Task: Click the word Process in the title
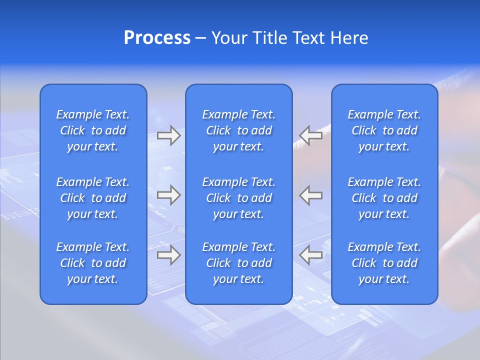pyautogui.click(x=157, y=38)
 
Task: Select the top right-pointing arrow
pyautogui.click(x=169, y=135)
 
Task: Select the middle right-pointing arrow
pyautogui.click(x=169, y=195)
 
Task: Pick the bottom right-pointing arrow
pyautogui.click(x=169, y=255)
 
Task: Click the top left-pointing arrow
pyautogui.click(x=310, y=135)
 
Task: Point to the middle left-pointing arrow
pyautogui.click(x=310, y=195)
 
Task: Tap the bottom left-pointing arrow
pyautogui.click(x=310, y=255)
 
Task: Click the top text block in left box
pyautogui.click(x=93, y=130)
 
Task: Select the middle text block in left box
pyautogui.click(x=93, y=198)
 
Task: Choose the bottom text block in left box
pyautogui.click(x=93, y=263)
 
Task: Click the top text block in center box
pyautogui.click(x=239, y=130)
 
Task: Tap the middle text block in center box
pyautogui.click(x=239, y=198)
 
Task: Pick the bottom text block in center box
pyautogui.click(x=239, y=263)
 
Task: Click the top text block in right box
pyautogui.click(x=384, y=130)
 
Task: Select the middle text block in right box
pyautogui.click(x=384, y=198)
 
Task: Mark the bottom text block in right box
pyautogui.click(x=384, y=263)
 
